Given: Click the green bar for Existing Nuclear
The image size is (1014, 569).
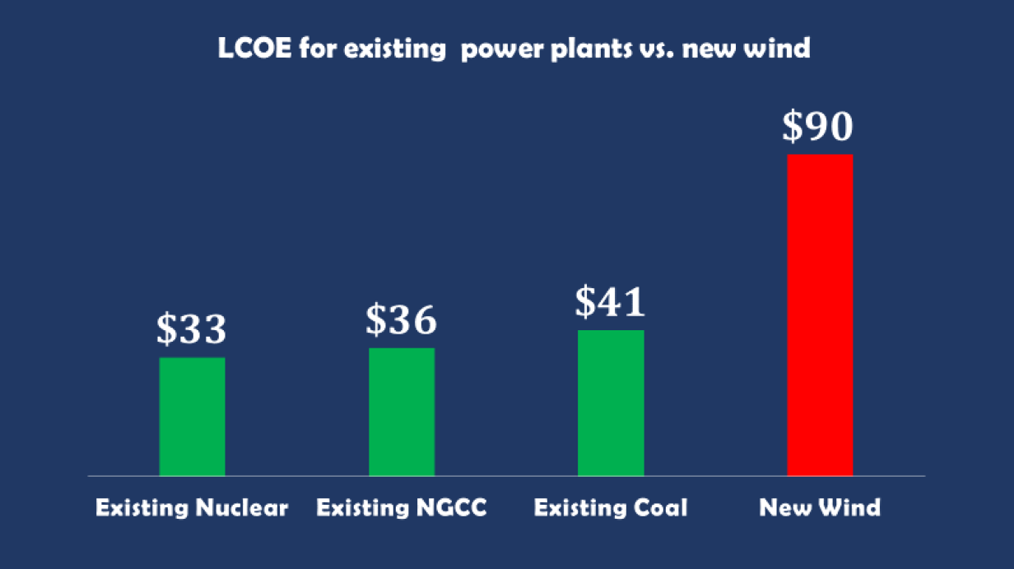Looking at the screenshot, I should (192, 417).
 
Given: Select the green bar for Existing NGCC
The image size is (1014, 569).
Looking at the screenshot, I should (402, 412).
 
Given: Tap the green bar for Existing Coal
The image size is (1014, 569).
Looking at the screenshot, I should (611, 403).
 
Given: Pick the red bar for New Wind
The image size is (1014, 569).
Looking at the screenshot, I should (820, 315).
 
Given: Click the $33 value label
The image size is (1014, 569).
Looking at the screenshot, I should (192, 329).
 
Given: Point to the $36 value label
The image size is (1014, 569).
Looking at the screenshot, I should (402, 319).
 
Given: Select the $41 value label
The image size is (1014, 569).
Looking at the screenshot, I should (611, 302).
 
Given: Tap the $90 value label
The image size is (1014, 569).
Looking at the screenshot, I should (819, 126).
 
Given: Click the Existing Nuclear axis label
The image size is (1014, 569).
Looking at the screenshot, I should (192, 507).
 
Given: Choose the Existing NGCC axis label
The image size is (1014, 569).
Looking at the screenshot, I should (402, 507).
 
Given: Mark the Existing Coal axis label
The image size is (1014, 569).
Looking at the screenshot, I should (611, 507).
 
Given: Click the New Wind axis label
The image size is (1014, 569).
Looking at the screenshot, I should (820, 507).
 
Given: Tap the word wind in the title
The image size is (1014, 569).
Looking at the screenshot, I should (782, 49).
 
